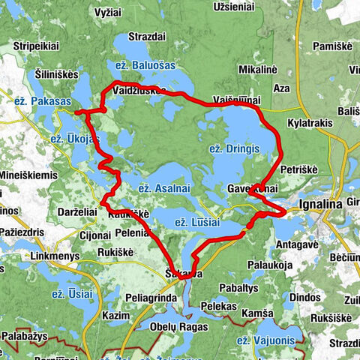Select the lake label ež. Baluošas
[x=141, y=65]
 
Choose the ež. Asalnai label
[x=160, y=187]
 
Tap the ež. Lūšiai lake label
[x=199, y=223]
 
